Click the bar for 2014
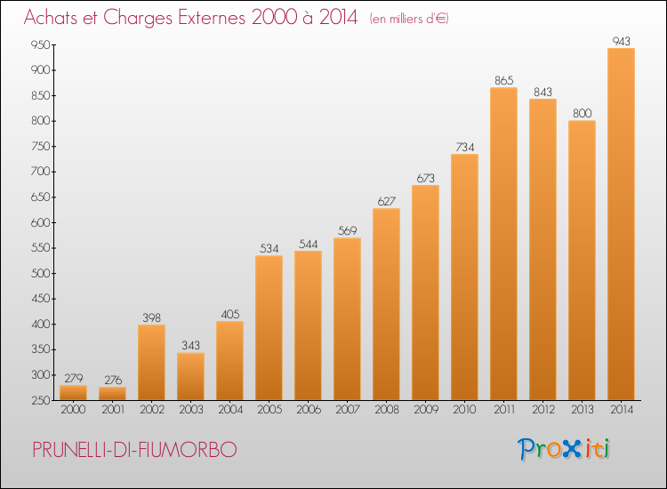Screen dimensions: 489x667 [621, 224]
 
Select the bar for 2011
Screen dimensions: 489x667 [503, 244]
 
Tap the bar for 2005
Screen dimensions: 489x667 [269, 328]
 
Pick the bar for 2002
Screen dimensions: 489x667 [151, 363]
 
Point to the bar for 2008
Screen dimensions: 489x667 [386, 304]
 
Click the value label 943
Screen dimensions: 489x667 [621, 40]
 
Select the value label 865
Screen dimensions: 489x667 [503, 80]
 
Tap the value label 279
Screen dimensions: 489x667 [73, 378]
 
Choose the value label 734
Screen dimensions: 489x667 [464, 147]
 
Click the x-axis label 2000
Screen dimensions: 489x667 [73, 412]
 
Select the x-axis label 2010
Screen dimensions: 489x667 [464, 412]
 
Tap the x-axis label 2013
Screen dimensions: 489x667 [582, 412]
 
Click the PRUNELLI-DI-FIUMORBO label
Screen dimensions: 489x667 [134, 450]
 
